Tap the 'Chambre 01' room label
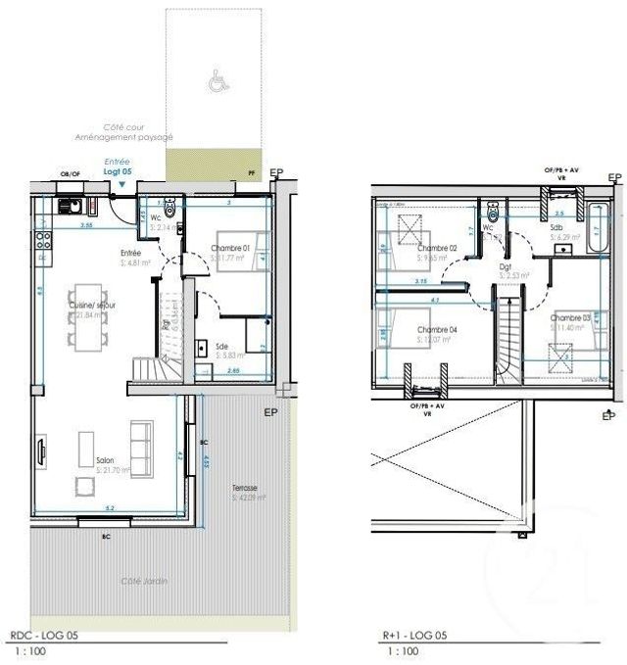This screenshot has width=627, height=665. click(231, 249)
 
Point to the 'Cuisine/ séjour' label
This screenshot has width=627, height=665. click(92, 306)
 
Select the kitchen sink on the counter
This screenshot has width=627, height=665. click(70, 207)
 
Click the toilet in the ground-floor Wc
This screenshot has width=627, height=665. click(170, 207)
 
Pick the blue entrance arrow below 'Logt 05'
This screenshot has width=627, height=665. click(120, 183)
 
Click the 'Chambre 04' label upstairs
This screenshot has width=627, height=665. click(437, 330)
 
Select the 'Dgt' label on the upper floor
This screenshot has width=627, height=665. click(506, 266)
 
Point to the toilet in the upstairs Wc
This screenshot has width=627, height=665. click(492, 214)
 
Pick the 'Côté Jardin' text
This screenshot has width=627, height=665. click(144, 581)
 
